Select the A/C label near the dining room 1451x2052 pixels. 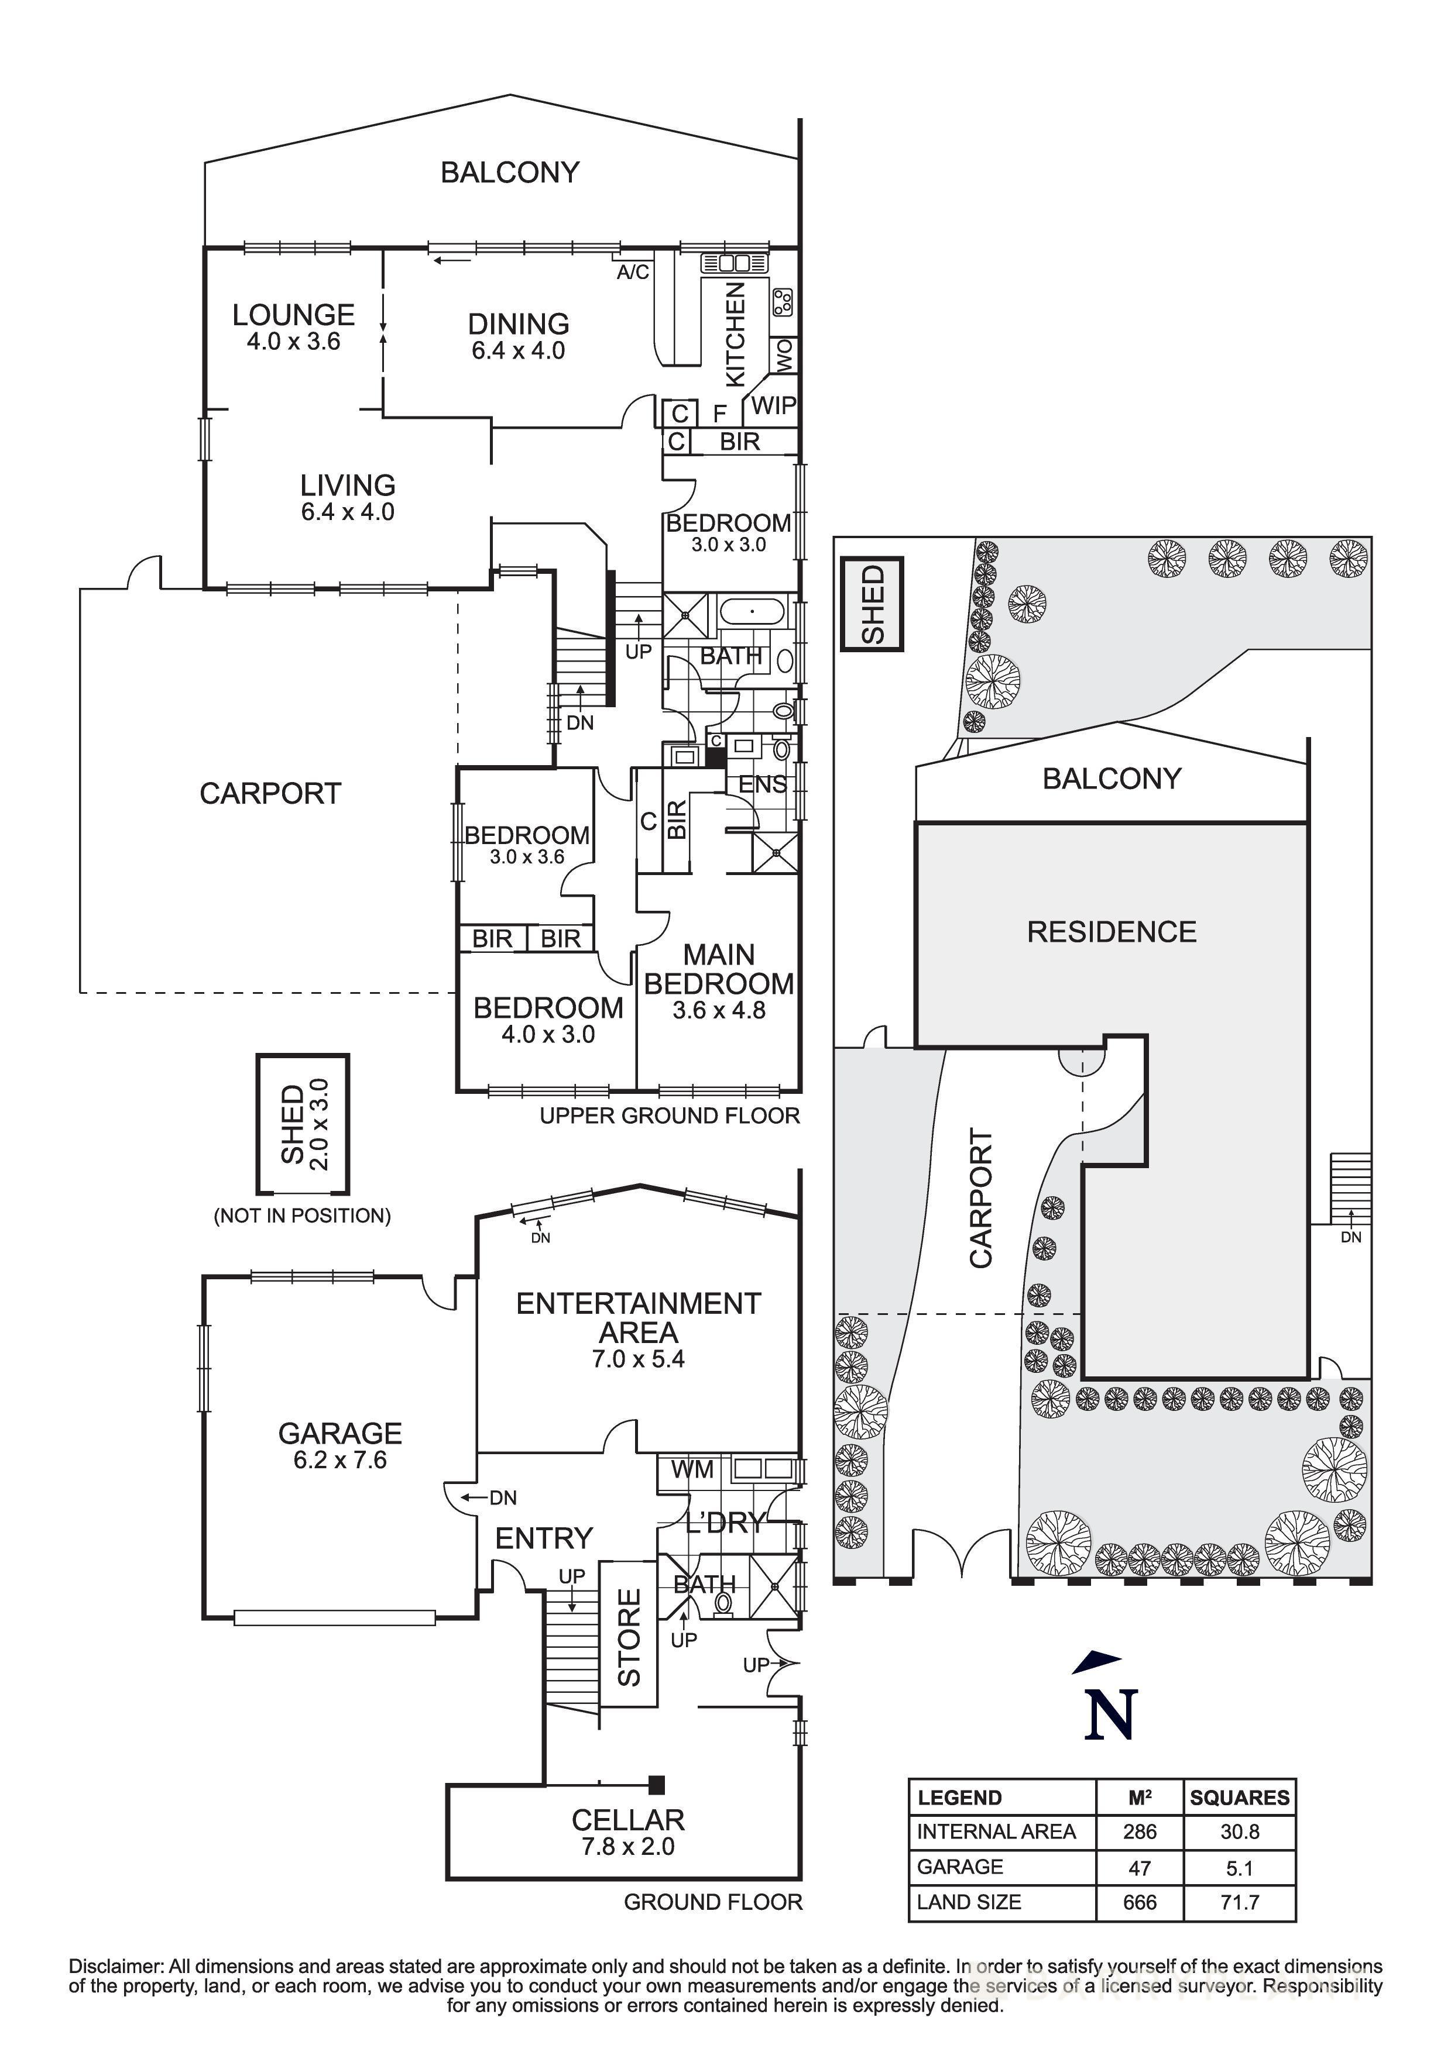[x=633, y=271]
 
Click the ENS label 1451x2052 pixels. [x=761, y=784]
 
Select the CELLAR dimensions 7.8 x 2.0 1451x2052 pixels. [x=627, y=1847]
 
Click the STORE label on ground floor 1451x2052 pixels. [x=629, y=1637]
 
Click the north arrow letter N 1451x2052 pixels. [x=1112, y=1714]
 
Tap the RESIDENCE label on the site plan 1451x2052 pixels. [x=1112, y=932]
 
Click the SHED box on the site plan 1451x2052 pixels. [x=872, y=604]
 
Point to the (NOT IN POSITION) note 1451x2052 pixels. [x=302, y=1216]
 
